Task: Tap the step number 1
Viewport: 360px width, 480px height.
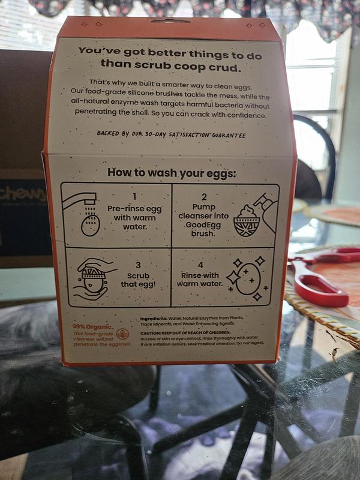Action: [x=134, y=196]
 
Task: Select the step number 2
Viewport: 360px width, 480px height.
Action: [x=204, y=197]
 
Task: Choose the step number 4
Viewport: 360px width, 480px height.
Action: [x=201, y=265]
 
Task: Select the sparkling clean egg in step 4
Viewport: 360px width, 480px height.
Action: [x=247, y=279]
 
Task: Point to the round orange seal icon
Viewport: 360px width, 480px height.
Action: [x=123, y=334]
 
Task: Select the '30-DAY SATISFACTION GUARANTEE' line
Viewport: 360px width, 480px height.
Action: [x=171, y=134]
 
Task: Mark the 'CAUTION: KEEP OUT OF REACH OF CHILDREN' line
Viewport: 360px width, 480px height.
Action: [x=186, y=332]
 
